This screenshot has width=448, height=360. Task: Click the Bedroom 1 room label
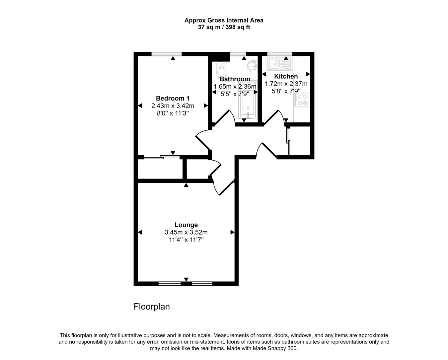click(x=173, y=98)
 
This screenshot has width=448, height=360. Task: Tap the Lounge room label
click(x=186, y=225)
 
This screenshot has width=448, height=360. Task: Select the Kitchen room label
click(x=286, y=76)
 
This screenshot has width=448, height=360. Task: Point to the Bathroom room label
click(x=235, y=79)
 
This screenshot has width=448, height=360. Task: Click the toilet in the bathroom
click(x=221, y=69)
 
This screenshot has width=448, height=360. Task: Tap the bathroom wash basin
click(x=253, y=66)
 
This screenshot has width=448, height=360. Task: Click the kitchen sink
click(x=281, y=63)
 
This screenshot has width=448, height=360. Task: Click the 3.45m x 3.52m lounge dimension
click(x=186, y=233)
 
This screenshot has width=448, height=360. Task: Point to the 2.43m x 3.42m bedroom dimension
click(x=173, y=106)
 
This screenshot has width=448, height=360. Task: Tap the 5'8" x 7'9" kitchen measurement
click(x=286, y=91)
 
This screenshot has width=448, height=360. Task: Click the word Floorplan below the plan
click(x=152, y=307)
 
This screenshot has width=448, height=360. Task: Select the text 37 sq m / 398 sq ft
click(x=224, y=27)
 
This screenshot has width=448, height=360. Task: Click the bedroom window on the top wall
click(x=167, y=54)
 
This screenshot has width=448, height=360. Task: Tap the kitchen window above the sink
click(x=279, y=54)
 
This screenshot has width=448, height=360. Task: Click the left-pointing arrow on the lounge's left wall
click(x=140, y=232)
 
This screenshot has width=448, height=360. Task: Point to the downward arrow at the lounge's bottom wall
click(x=186, y=279)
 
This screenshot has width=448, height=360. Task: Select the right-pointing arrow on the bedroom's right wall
click(x=206, y=106)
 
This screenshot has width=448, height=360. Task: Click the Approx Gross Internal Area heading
click(x=224, y=20)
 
